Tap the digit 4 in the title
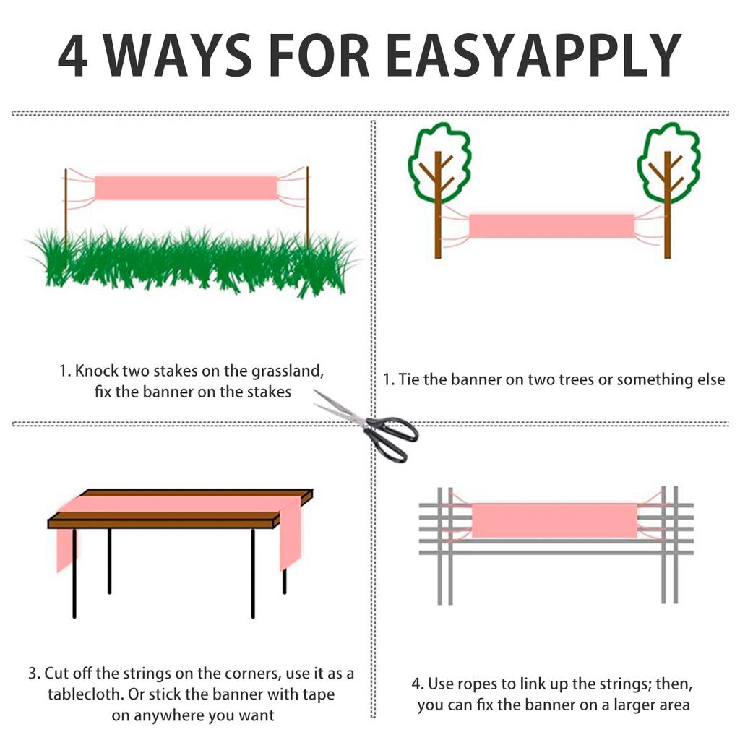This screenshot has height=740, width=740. [73, 55]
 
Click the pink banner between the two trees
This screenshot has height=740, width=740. [551, 225]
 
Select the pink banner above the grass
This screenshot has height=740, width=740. [186, 188]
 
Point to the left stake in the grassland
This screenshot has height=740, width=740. [66, 207]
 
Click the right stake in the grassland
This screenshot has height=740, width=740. [307, 207]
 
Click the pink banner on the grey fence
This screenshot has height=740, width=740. [554, 520]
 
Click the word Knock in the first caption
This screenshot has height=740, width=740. [97, 371]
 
